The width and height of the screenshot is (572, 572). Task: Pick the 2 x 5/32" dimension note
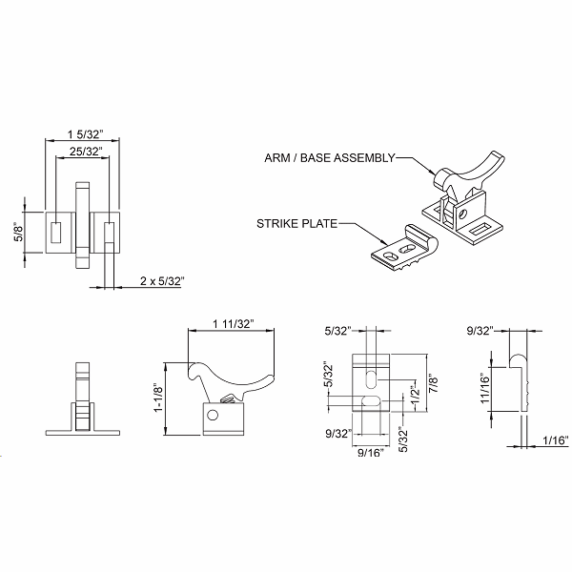pyautogui.click(x=161, y=281)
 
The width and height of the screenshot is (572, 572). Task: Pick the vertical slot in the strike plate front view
pyautogui.click(x=370, y=376)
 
